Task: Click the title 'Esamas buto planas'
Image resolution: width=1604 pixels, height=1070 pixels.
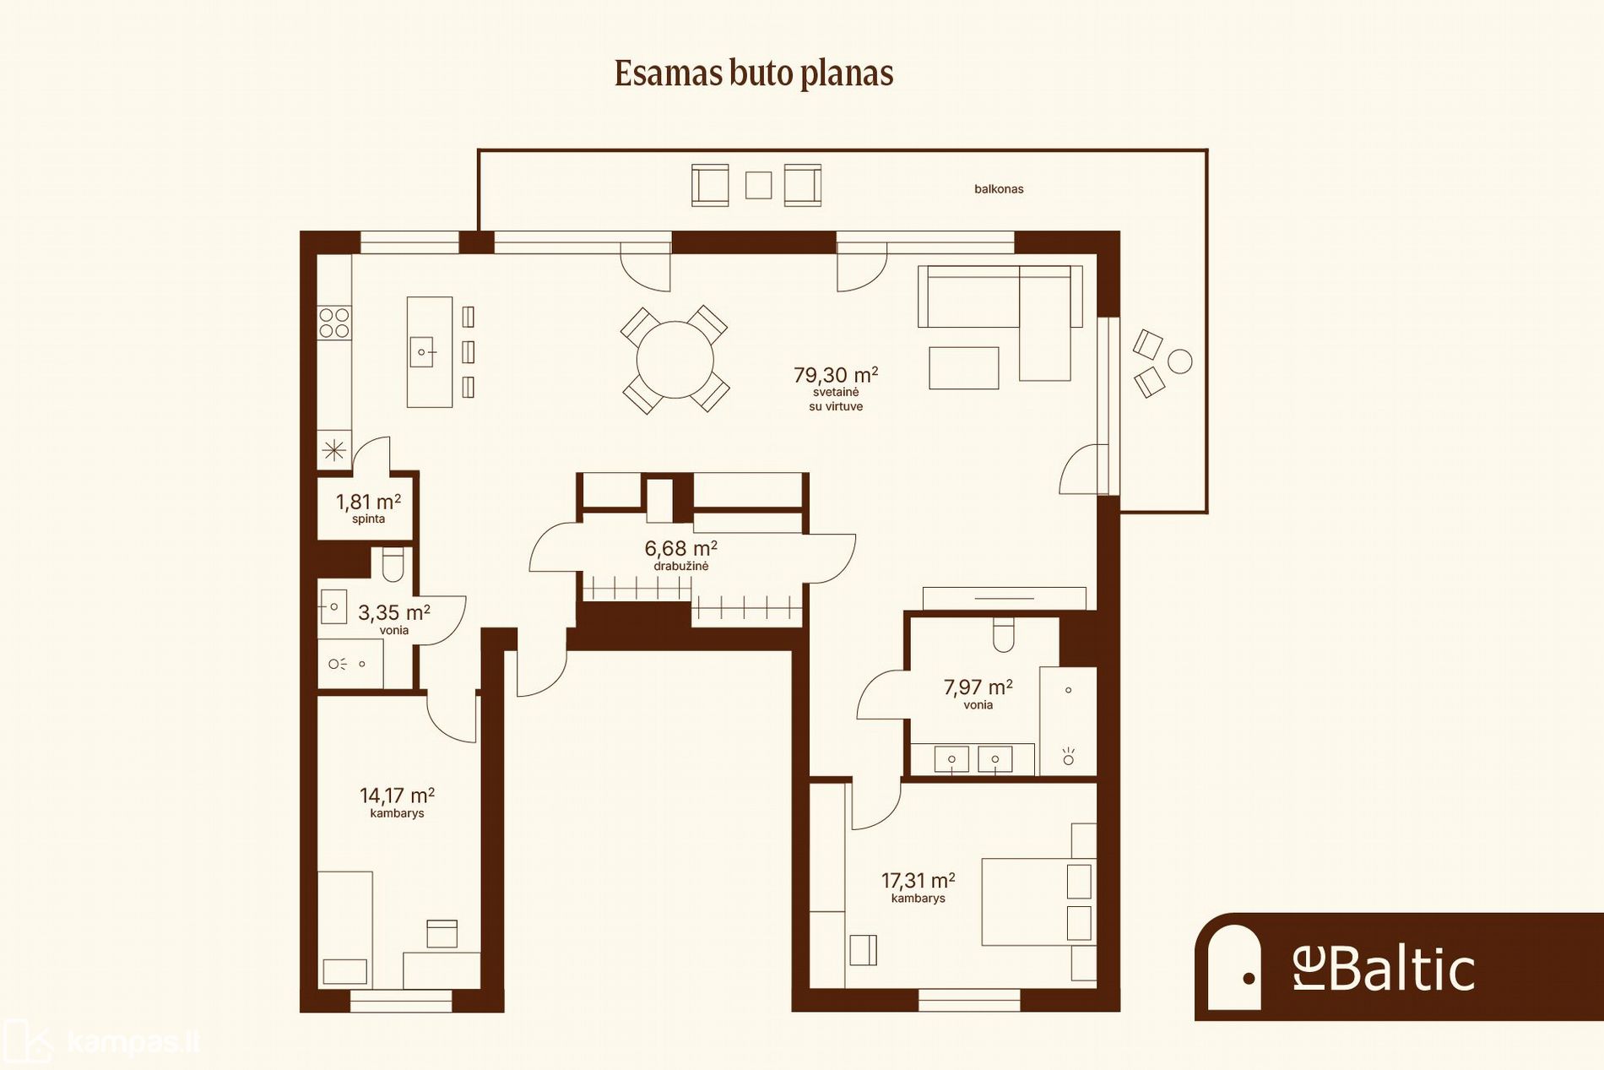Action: click(x=754, y=73)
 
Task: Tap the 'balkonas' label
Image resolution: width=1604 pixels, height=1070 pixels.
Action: click(x=999, y=189)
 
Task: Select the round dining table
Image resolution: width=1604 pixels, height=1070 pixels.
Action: click(x=675, y=360)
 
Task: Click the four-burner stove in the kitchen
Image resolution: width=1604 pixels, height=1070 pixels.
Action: click(x=334, y=323)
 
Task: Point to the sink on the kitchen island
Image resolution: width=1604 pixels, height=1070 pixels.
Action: click(x=422, y=351)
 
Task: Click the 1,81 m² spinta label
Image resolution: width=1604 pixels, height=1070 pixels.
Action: click(x=368, y=508)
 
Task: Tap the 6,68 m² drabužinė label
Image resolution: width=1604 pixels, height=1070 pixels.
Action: click(x=681, y=556)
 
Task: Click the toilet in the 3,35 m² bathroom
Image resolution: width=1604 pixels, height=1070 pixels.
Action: click(x=393, y=564)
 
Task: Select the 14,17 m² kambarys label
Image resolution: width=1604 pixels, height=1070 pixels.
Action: click(x=397, y=802)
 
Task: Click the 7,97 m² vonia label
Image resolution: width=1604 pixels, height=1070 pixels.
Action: click(x=978, y=694)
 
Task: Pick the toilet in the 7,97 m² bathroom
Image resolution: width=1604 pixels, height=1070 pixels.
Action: click(x=1003, y=634)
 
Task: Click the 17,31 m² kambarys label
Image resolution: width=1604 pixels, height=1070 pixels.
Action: click(x=919, y=888)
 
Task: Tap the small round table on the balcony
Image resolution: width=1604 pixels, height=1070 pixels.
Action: click(x=1179, y=361)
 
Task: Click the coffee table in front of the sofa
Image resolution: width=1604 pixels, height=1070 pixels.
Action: click(x=964, y=368)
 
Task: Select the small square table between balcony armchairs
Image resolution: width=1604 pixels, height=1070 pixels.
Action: click(x=758, y=185)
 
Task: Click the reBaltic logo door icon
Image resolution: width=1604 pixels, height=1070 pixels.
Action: click(x=1234, y=968)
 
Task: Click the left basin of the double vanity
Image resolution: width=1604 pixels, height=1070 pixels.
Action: click(x=951, y=759)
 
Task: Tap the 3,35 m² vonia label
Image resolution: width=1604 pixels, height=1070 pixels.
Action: click(x=393, y=619)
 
